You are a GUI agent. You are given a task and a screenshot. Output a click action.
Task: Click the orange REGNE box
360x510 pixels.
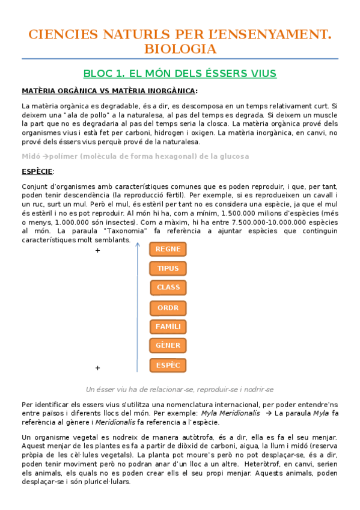pyautogui.click(x=168, y=249)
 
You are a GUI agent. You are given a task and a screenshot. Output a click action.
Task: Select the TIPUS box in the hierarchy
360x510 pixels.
pyautogui.click(x=168, y=268)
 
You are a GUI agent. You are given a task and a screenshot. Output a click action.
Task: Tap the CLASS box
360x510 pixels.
pyautogui.click(x=168, y=287)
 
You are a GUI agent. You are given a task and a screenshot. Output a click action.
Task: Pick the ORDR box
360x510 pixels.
pyautogui.click(x=168, y=307)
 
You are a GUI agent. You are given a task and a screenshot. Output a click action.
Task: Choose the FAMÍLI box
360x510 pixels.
pyautogui.click(x=168, y=327)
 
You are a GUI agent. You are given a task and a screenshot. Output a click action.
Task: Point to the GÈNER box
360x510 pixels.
pyautogui.click(x=168, y=346)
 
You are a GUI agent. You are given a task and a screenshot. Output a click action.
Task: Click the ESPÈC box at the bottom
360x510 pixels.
pyautogui.click(x=168, y=365)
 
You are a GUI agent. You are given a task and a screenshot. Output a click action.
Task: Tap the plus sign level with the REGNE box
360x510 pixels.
pyautogui.click(x=97, y=251)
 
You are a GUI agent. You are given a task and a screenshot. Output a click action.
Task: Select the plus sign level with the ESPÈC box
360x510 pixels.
pyautogui.click(x=97, y=367)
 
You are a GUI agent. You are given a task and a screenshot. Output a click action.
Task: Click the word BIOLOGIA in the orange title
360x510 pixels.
pyautogui.click(x=180, y=48)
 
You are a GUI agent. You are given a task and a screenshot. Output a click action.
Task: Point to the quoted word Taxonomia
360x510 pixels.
pyautogui.click(x=105, y=231)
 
